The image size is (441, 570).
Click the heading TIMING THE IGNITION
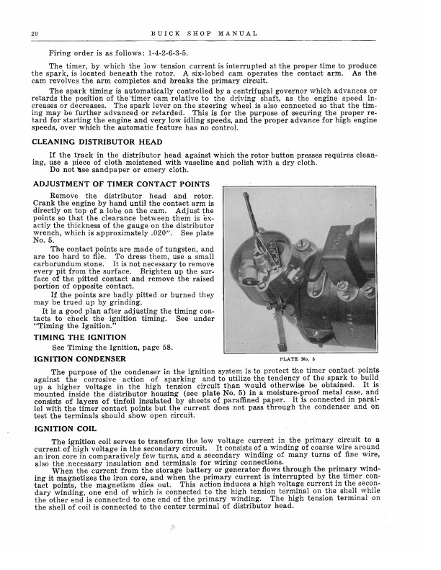pyautogui.click(x=81, y=337)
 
